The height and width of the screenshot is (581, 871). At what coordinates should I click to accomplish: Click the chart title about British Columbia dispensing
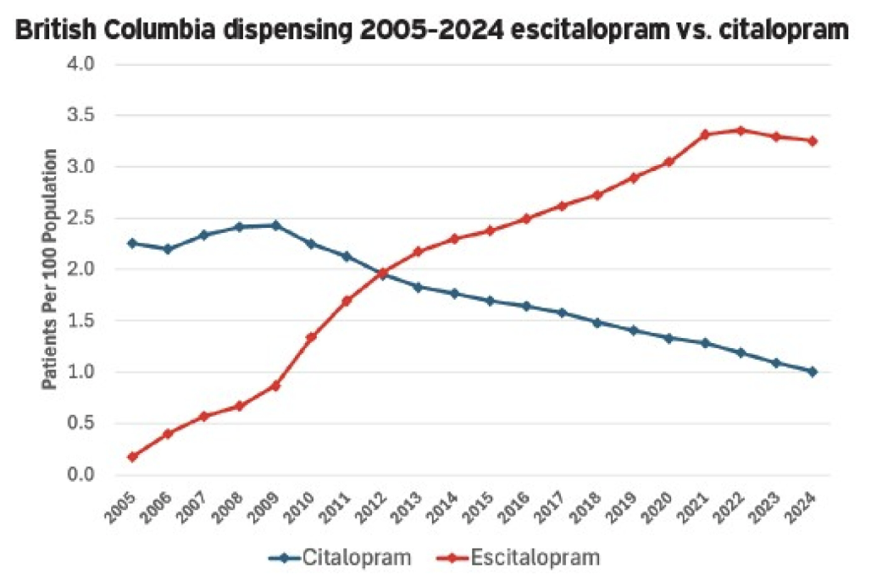click(432, 31)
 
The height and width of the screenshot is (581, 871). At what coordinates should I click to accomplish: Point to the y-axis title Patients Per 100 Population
click(50, 269)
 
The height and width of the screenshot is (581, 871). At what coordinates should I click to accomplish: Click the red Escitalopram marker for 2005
click(132, 457)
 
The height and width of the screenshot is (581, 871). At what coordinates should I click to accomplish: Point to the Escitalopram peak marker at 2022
click(741, 130)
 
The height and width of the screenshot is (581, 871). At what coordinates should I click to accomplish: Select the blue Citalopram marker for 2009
click(275, 225)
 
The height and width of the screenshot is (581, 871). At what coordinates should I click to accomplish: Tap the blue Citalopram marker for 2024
click(813, 372)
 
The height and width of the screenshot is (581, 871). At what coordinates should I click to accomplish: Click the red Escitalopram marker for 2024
click(813, 141)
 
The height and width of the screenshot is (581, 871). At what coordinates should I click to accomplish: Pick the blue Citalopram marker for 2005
click(132, 243)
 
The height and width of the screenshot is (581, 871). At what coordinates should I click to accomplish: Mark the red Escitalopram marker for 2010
click(311, 337)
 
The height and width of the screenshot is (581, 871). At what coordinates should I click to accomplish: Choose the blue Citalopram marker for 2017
click(562, 313)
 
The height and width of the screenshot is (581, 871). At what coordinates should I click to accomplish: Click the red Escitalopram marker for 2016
click(526, 219)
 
